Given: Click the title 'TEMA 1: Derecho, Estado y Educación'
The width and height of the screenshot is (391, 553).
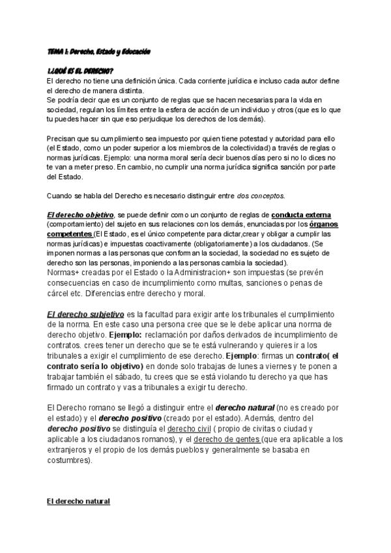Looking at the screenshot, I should [x=99, y=52].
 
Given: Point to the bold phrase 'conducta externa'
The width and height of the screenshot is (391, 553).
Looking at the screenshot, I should [x=301, y=215].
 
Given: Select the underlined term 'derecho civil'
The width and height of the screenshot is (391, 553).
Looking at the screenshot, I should [x=190, y=428].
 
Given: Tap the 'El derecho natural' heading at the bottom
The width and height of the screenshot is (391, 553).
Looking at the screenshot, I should [x=79, y=501].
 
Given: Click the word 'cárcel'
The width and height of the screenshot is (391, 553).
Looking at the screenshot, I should [x=59, y=293].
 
